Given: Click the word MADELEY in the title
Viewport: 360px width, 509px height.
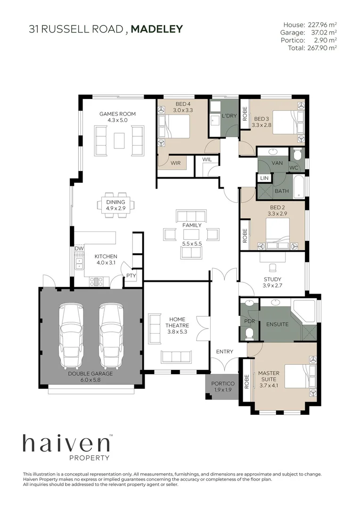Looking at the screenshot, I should point(156,29).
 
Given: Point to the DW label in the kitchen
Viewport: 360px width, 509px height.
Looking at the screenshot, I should point(78,248).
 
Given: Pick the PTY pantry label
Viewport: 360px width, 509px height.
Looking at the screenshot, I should point(130,276).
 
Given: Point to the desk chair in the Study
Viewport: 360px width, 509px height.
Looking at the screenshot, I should point(272,268).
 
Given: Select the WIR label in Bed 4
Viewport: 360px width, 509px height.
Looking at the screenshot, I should point(176,163).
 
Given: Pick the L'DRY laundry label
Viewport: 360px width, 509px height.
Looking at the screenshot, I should point(229,116).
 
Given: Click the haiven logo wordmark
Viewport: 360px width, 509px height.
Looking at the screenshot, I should point(66,444).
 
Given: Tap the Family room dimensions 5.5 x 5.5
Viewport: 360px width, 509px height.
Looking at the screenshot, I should point(192,243).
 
